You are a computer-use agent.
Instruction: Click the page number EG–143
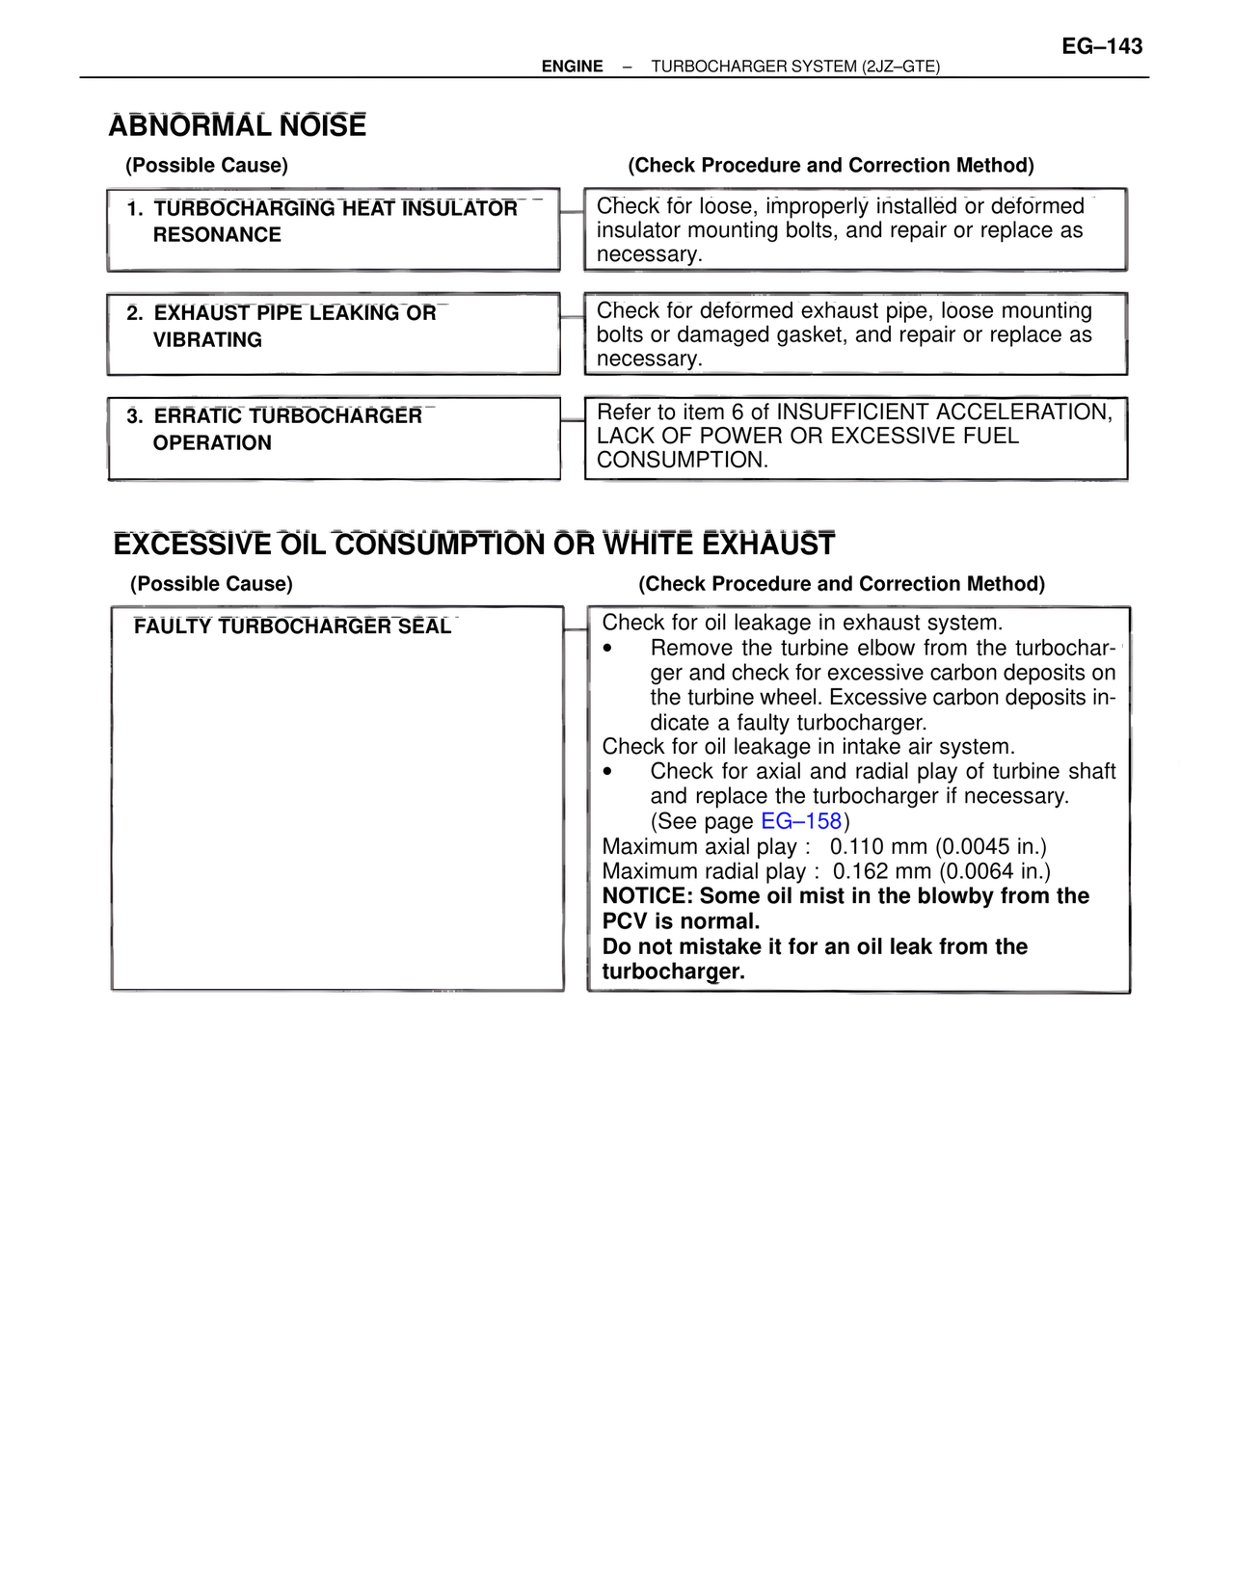[x=1102, y=46]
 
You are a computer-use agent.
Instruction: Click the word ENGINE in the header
[x=572, y=66]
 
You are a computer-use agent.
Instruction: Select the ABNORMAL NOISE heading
[x=237, y=126]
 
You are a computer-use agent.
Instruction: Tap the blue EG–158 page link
[x=801, y=821]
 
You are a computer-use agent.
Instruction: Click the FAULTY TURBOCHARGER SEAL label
[x=292, y=627]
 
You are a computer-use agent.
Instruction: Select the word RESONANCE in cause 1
[x=217, y=235]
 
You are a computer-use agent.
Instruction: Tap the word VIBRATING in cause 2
[x=207, y=340]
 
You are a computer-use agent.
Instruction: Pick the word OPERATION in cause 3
[x=212, y=443]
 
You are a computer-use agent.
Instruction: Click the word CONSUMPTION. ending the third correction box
[x=683, y=461]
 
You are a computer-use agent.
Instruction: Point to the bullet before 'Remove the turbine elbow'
[x=607, y=649]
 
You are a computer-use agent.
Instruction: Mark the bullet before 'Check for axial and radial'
[x=607, y=772]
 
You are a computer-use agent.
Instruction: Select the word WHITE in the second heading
[x=649, y=545]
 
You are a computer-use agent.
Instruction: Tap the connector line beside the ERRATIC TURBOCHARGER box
[x=573, y=420]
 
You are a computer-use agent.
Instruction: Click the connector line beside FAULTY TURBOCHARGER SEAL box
[x=576, y=629]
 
